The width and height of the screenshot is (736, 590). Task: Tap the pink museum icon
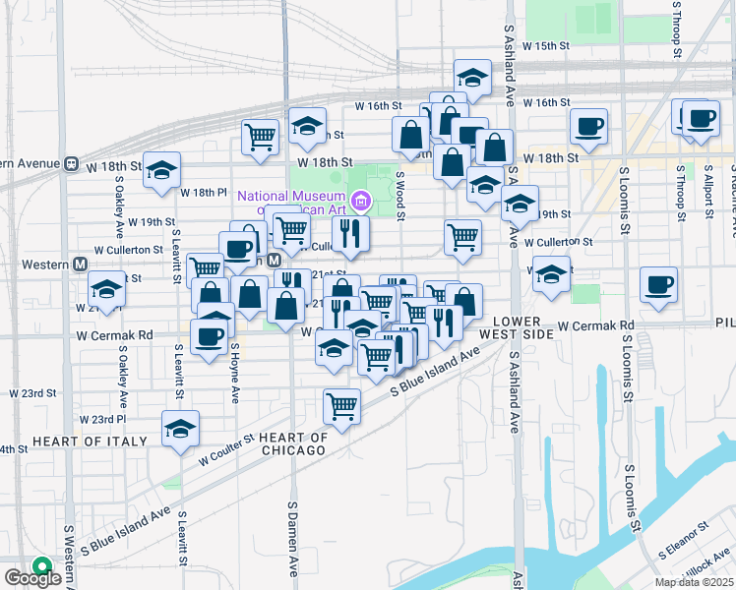(x=361, y=203)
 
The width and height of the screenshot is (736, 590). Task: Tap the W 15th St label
(x=547, y=46)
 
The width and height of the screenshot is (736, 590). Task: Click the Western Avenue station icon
(x=71, y=163)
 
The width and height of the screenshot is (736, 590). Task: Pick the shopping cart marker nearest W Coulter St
(x=341, y=404)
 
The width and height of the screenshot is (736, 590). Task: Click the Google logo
(x=32, y=578)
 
